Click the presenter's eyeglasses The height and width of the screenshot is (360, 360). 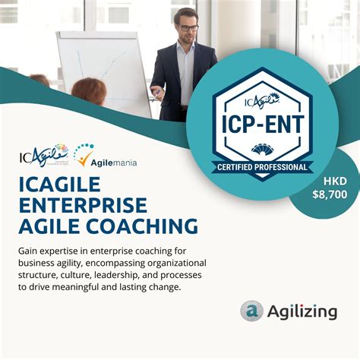point(188,28)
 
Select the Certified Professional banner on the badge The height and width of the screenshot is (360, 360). point(263,167)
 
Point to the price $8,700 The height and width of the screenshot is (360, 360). point(330,194)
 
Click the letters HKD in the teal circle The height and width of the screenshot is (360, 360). point(331,182)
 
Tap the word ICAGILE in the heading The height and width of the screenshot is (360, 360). point(62,184)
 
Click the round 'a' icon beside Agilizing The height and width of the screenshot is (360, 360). point(251,311)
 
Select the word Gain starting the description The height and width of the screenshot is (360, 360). point(30,251)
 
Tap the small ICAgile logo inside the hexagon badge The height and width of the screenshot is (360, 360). point(262,99)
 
